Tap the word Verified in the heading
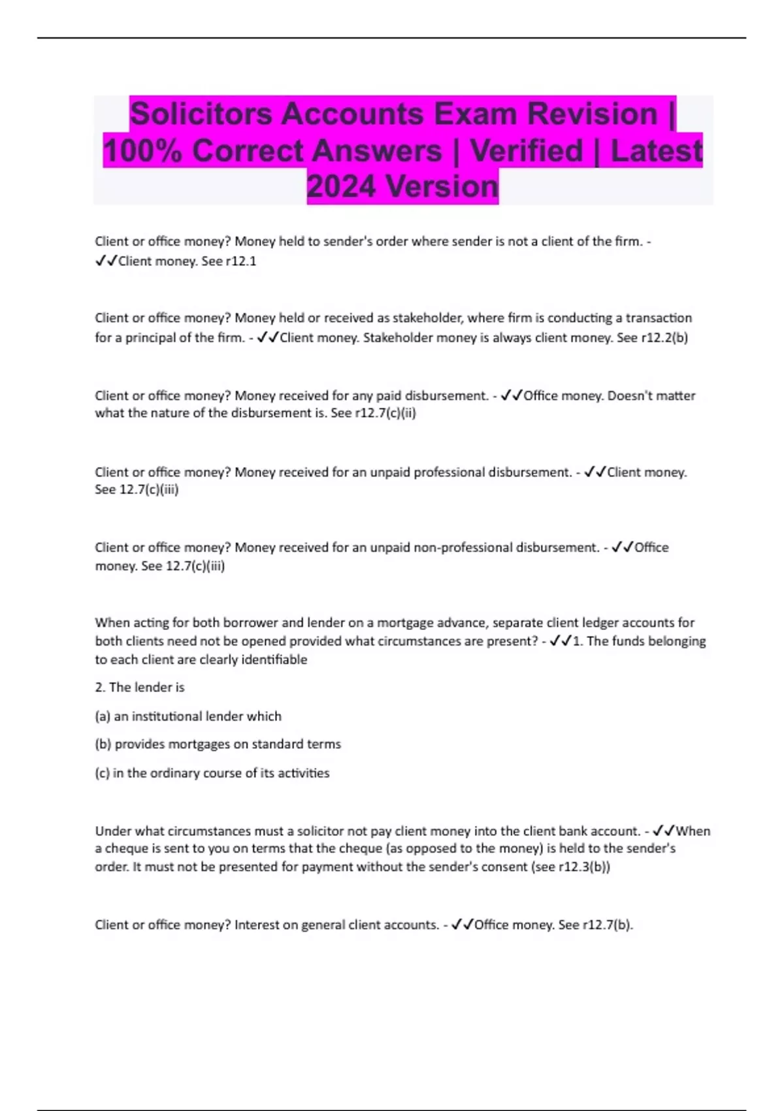[x=526, y=150]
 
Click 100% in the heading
[x=142, y=150]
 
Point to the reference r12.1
[x=240, y=261]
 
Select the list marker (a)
[x=103, y=716]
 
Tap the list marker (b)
[x=103, y=744]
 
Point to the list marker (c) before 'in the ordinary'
[x=102, y=773]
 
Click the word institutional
[x=167, y=716]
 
